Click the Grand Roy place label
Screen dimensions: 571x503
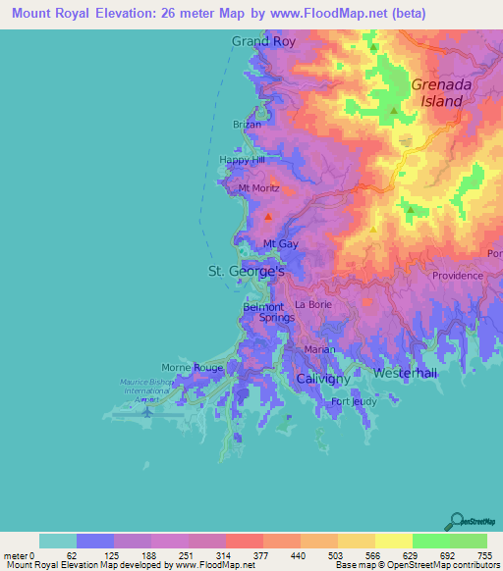point(263,41)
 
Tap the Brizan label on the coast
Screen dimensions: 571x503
point(247,125)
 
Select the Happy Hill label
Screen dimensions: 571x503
point(243,160)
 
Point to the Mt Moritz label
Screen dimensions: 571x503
point(259,187)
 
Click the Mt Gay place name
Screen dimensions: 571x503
point(281,243)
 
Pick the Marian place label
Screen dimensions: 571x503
point(319,349)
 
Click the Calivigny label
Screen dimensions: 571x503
point(325,377)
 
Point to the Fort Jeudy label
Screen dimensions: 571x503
point(354,401)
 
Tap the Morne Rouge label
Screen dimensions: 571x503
point(193,367)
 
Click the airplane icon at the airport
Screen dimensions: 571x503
point(146,411)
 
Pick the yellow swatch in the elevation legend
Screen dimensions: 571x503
point(393,541)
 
